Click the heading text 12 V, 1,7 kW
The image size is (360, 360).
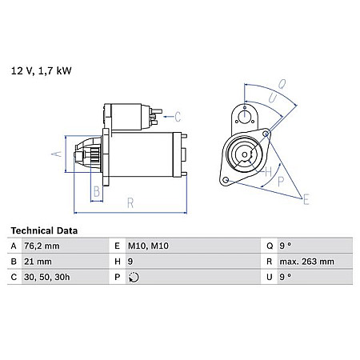(x=42, y=70)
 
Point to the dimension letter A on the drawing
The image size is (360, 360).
(x=55, y=153)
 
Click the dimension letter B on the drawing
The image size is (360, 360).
(x=96, y=190)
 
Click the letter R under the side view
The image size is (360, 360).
(x=130, y=206)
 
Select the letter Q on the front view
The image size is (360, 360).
(x=281, y=82)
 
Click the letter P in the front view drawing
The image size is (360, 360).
(x=281, y=182)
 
